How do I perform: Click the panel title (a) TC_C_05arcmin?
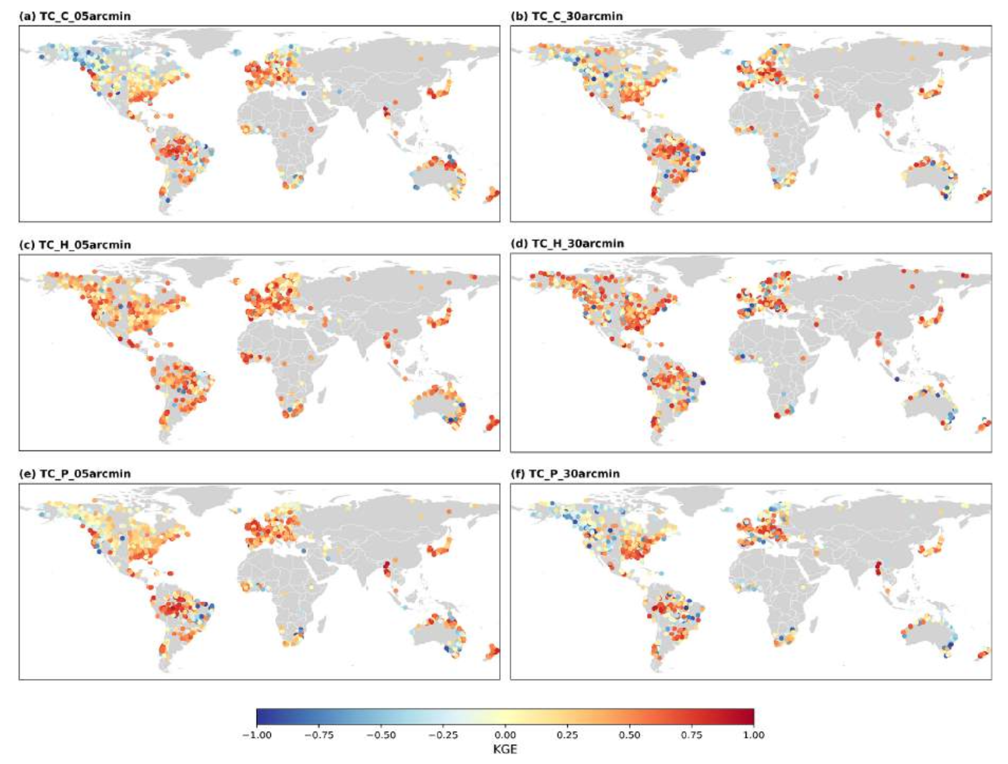[x=76, y=16]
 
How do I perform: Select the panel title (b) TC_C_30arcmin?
[x=566, y=16]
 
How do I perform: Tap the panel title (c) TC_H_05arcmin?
[x=76, y=245]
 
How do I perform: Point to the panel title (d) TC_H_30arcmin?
[x=567, y=243]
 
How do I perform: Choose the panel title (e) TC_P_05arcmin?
[x=76, y=474]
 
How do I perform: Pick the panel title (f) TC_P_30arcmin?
[x=565, y=474]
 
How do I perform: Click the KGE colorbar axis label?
[x=505, y=749]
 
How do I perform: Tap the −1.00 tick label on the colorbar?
[x=256, y=735]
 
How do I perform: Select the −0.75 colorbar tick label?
[x=318, y=735]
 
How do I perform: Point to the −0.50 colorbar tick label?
[x=380, y=735]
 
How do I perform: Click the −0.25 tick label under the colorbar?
[x=442, y=735]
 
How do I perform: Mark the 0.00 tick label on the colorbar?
[x=505, y=735]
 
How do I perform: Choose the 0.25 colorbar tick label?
[x=567, y=735]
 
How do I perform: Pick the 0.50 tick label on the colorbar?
[x=630, y=735]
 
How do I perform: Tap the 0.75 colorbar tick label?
[x=692, y=735]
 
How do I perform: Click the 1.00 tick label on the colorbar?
[x=754, y=735]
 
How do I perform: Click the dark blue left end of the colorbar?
[x=260, y=717]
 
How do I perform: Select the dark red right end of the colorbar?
[x=750, y=717]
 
